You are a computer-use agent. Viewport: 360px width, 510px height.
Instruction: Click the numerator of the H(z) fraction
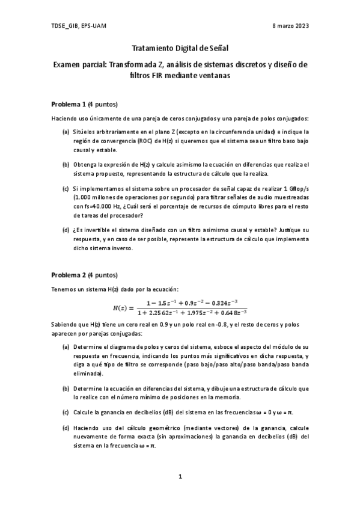point(192,302)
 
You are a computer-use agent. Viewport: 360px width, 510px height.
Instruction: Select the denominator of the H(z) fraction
point(192,313)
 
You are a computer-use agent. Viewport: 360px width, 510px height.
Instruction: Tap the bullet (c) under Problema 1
point(65,188)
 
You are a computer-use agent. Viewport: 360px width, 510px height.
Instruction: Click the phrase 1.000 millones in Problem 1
point(94,197)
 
